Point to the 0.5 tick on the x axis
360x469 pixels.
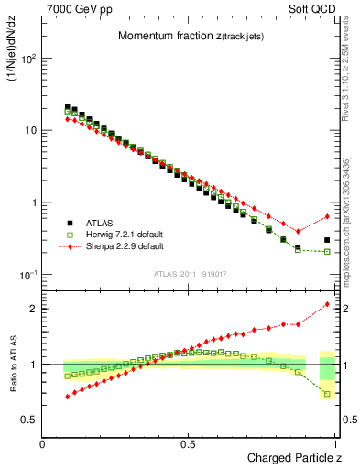[x=189, y=442]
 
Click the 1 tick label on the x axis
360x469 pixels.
[x=335, y=442]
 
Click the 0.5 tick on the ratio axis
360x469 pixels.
[x=30, y=420]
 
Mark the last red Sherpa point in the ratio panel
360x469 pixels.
[x=327, y=304]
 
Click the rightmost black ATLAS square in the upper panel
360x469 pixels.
[x=327, y=240]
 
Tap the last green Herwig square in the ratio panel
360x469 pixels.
[x=327, y=394]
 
